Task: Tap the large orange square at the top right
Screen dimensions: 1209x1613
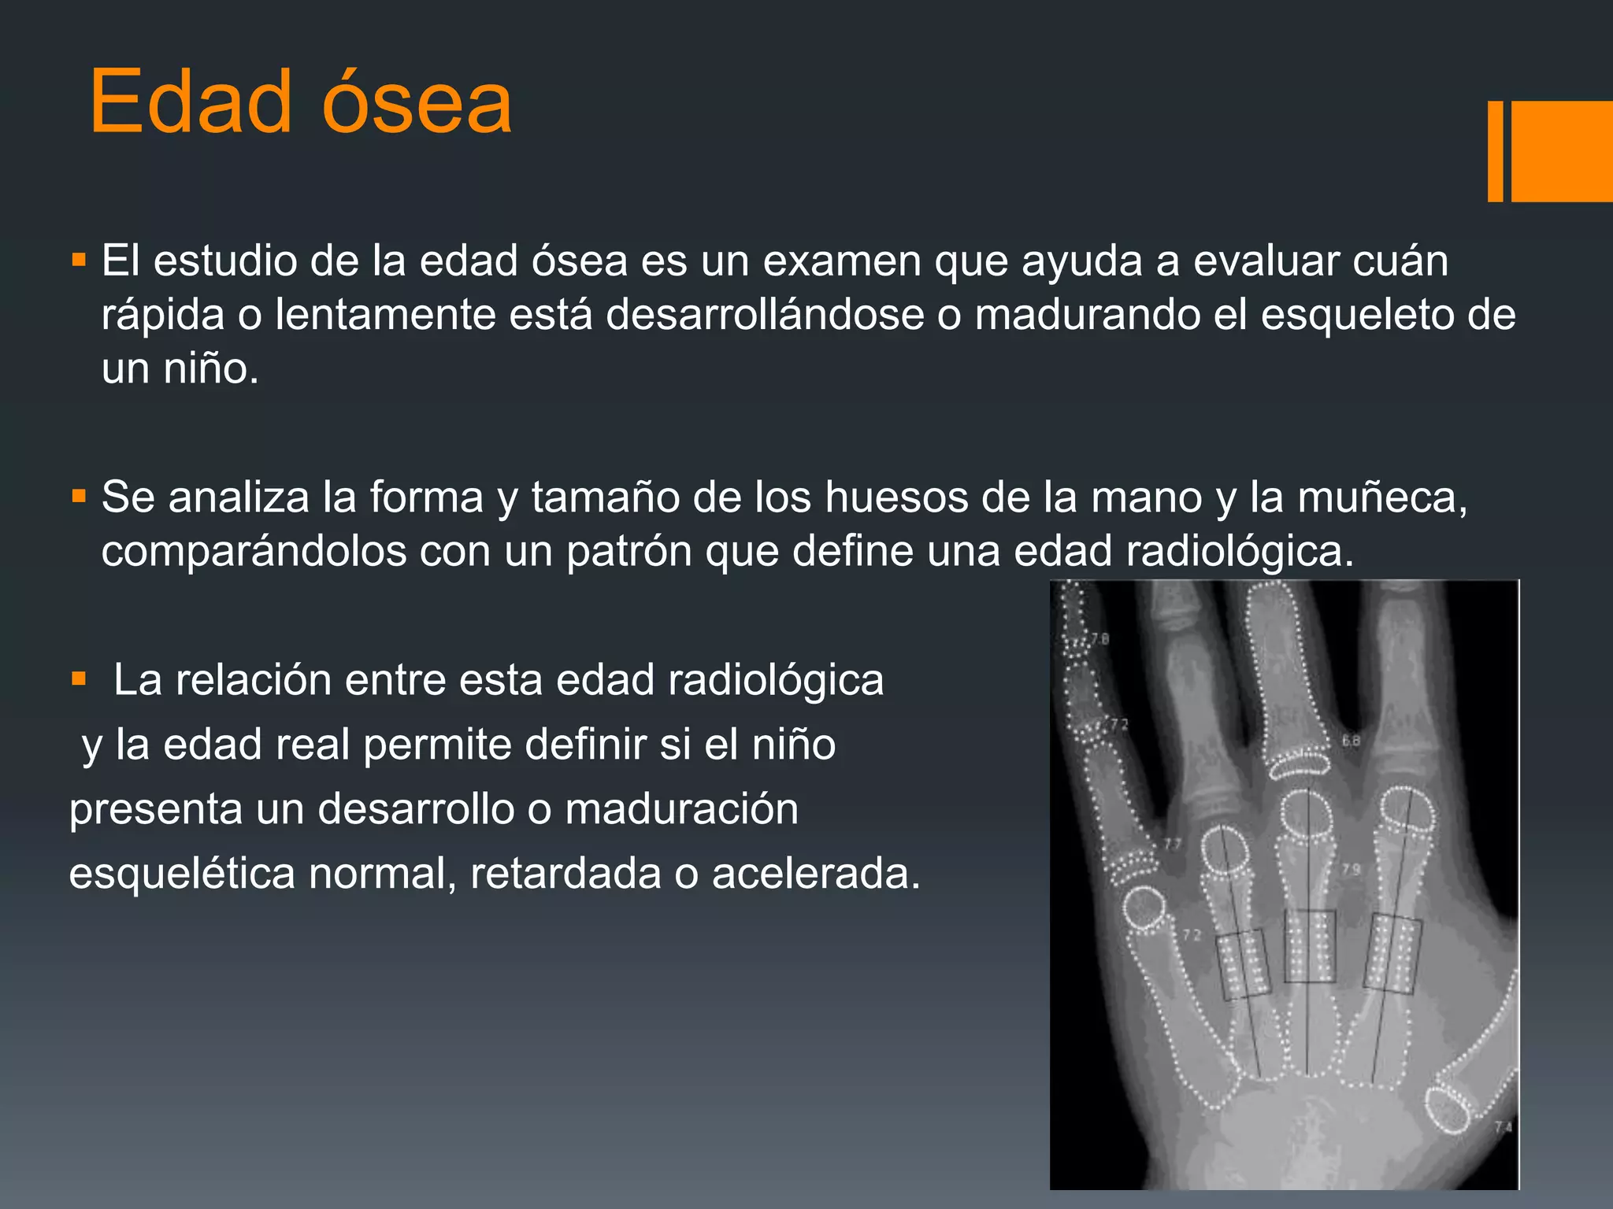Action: [1561, 151]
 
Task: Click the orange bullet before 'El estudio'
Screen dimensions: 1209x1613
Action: [78, 259]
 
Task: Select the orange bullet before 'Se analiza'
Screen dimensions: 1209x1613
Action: [78, 496]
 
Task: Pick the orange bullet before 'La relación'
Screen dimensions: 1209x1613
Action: [78, 678]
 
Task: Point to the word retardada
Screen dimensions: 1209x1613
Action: [565, 873]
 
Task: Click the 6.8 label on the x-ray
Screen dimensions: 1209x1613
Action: [1351, 741]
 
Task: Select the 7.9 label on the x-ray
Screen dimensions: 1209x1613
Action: [1351, 870]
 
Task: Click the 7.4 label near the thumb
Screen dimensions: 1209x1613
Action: [1503, 1127]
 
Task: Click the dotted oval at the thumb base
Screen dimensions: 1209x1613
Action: [1448, 1109]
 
